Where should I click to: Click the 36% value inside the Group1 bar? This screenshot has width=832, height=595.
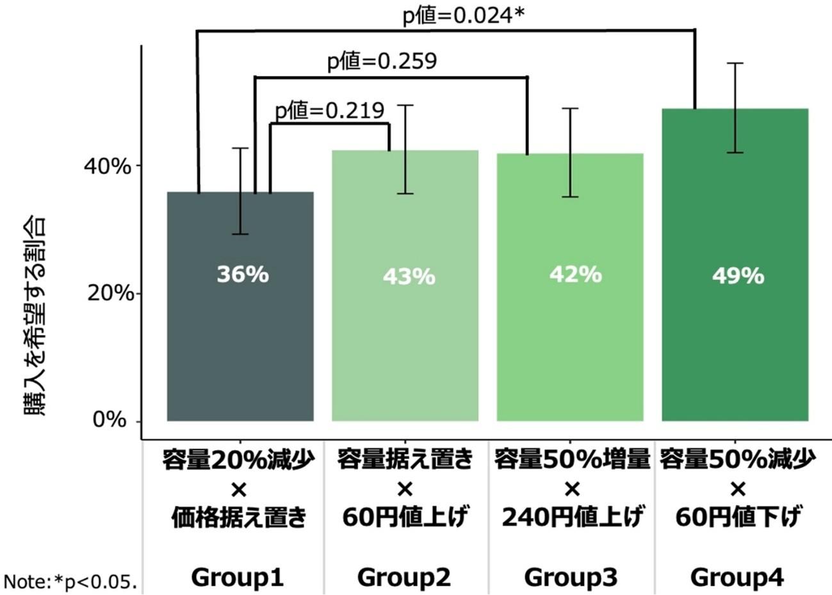(242, 275)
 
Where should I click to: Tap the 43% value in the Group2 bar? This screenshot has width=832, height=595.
(409, 277)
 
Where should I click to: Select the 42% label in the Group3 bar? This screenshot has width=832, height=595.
(575, 275)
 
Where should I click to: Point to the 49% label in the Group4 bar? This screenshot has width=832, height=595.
(738, 276)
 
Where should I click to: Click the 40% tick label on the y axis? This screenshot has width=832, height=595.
(108, 166)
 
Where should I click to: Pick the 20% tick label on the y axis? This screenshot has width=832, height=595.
(108, 293)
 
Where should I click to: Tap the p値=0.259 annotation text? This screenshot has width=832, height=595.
(382, 61)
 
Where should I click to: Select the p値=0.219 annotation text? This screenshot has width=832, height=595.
(330, 111)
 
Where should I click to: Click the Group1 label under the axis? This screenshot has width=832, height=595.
(238, 578)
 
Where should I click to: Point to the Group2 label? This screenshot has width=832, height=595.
(404, 578)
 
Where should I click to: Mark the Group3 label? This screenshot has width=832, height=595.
(571, 578)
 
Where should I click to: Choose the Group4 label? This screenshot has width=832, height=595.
(737, 578)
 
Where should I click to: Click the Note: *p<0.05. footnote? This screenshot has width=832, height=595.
(70, 582)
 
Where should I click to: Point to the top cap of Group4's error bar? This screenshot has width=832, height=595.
(738, 63)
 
